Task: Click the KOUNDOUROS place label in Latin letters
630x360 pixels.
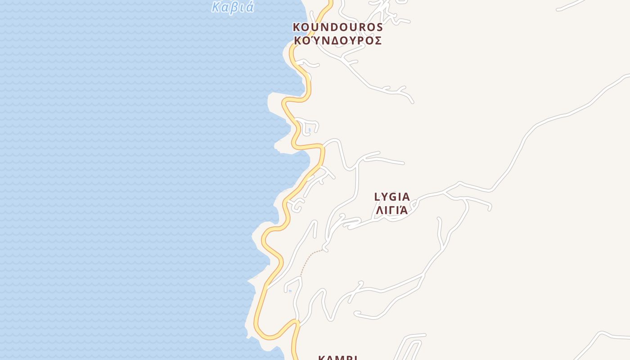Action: coord(337,27)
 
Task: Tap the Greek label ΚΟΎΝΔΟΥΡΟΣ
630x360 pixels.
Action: coord(337,40)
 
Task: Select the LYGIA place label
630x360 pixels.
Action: coord(392,197)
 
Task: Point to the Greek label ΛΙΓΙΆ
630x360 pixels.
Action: coord(392,210)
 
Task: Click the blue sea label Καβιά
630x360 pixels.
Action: coord(233,7)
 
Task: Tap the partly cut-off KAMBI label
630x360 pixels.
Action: coord(337,358)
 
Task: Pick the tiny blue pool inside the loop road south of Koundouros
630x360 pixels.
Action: coord(310,130)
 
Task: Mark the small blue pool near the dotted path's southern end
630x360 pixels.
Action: coord(290,291)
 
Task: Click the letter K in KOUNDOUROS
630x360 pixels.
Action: coord(297,27)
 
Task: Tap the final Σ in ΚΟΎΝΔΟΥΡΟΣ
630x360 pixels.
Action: coord(378,40)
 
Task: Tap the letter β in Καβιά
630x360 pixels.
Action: coord(234,7)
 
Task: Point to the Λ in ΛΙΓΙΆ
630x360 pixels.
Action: coord(379,210)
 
